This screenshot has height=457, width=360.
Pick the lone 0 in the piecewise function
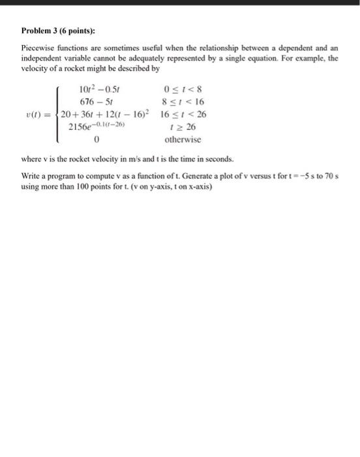(96, 139)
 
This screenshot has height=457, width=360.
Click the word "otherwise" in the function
(183, 139)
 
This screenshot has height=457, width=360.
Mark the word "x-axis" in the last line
(200, 185)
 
